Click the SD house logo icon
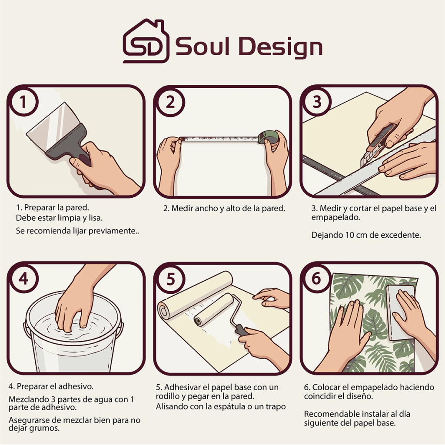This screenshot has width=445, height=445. (x=146, y=41)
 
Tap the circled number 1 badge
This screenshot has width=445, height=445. (x=23, y=102)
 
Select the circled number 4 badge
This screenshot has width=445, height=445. (x=23, y=279)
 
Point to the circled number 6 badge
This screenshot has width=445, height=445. (x=316, y=279)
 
